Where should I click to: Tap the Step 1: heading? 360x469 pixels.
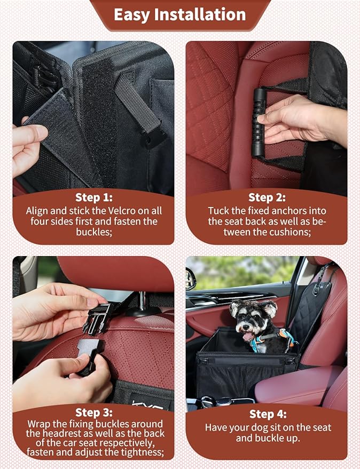pos(93,197)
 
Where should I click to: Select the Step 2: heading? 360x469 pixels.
pos(267,197)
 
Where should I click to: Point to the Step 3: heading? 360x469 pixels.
pos(93,412)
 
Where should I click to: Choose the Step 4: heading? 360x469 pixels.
pos(267,414)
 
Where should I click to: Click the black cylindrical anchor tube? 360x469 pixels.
pos(259,123)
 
